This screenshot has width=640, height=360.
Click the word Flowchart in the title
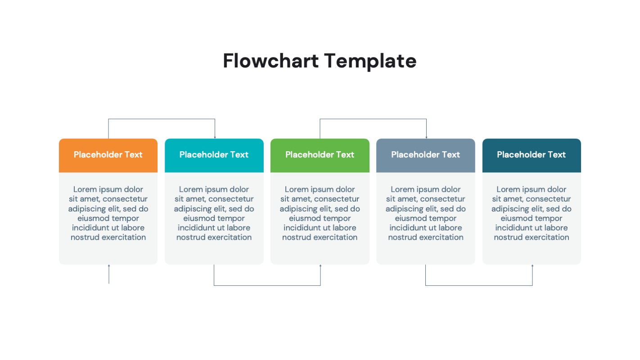pyautogui.click(x=271, y=61)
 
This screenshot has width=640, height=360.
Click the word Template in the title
pyautogui.click(x=370, y=61)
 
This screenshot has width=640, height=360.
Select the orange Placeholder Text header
pyautogui.click(x=108, y=155)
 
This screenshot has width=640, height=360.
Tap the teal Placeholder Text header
pyautogui.click(x=214, y=155)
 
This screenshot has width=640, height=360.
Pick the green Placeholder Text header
pyautogui.click(x=320, y=155)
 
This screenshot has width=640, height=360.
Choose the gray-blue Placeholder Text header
pyautogui.click(x=425, y=155)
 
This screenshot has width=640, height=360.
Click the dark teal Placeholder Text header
pyautogui.click(x=531, y=155)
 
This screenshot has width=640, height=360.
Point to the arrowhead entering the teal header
pyautogui.click(x=215, y=137)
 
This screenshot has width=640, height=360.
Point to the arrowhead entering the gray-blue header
pyautogui.click(x=426, y=137)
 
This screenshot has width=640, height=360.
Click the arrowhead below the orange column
pyautogui.click(x=109, y=266)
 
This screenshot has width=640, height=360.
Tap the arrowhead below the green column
pyautogui.click(x=320, y=266)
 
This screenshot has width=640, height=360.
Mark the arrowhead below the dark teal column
pyautogui.click(x=532, y=266)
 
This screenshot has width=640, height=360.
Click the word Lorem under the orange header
pyautogui.click(x=86, y=189)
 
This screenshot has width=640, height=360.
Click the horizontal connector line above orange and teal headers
pyautogui.click(x=162, y=119)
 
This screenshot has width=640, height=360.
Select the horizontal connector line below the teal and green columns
pyautogui.click(x=267, y=285)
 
